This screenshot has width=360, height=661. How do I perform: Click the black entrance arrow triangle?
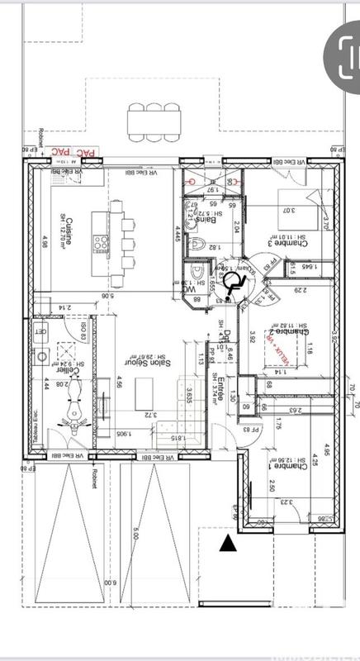click(226, 543)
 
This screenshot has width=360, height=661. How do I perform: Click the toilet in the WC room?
click(195, 273)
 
